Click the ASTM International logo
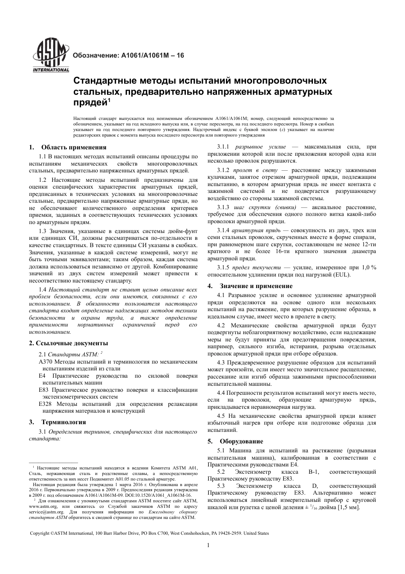tap(50, 55)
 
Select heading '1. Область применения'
tap(68, 148)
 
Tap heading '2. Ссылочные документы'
tap(68, 343)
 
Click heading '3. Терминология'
tap(58, 422)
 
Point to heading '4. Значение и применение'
tap(250, 286)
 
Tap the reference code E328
tap(45, 404)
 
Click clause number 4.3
tap(222, 363)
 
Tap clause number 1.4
tap(43, 290)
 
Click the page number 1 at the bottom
tap(208, 546)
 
